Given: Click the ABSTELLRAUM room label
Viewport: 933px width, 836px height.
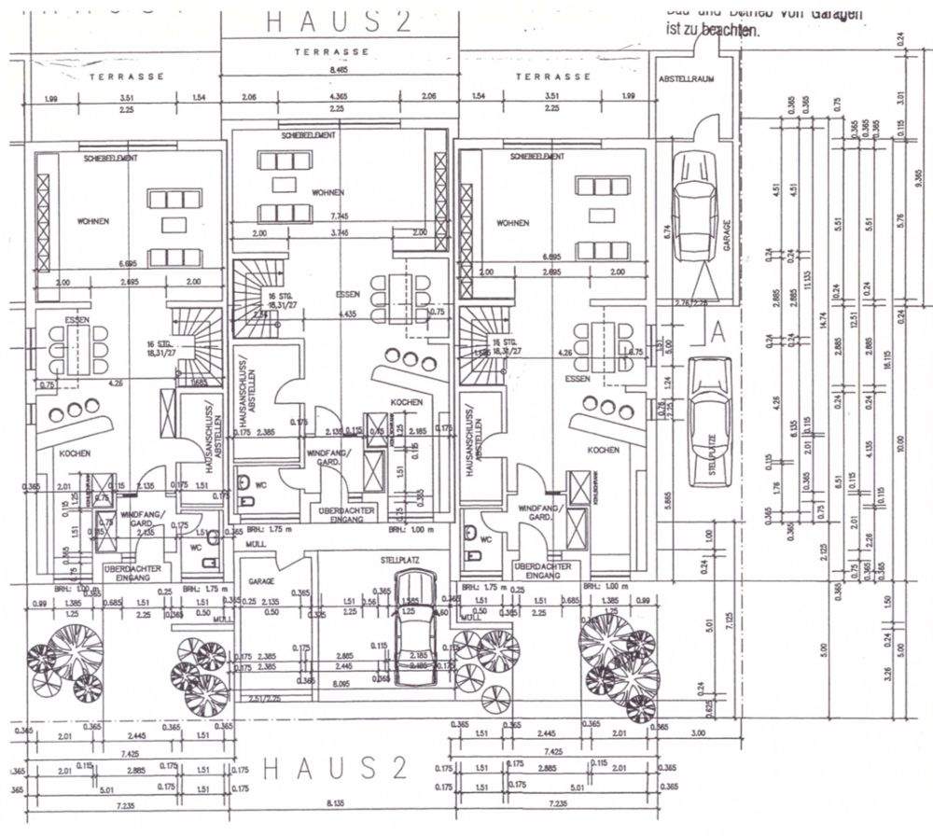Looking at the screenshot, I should (687, 79).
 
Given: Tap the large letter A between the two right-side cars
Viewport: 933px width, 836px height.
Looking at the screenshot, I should (717, 330).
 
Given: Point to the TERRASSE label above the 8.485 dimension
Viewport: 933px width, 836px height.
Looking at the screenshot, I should (332, 51).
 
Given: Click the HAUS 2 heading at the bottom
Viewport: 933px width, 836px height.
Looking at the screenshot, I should (335, 769).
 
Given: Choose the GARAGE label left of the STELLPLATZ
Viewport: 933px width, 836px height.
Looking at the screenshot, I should (261, 580).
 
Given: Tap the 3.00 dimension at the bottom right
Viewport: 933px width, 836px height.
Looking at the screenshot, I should (697, 734).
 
